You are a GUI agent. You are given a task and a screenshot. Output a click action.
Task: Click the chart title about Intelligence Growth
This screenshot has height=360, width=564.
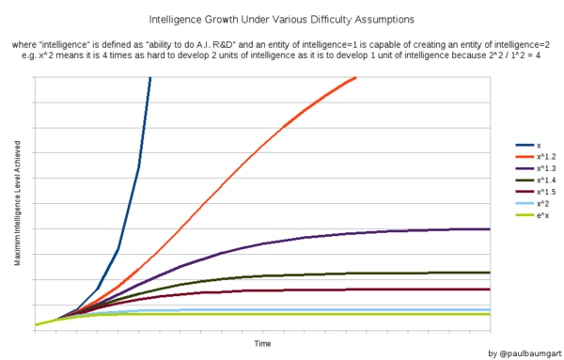pos(282,19)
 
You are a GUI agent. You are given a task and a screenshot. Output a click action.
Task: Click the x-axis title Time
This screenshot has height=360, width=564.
pos(263,344)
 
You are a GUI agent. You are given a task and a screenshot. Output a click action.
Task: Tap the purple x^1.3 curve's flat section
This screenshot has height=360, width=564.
pos(423,230)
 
